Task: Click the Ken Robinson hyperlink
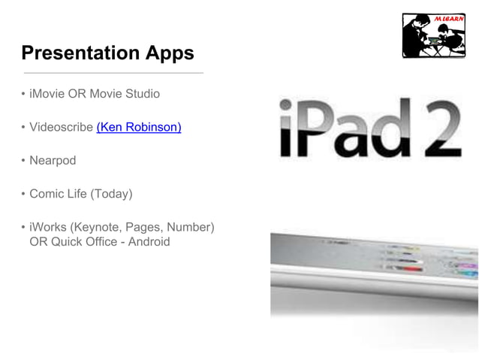(x=139, y=127)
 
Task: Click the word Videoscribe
(x=61, y=127)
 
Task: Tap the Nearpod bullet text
(x=53, y=160)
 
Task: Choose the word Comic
(x=47, y=194)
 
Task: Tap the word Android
(x=149, y=241)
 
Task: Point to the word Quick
(x=66, y=241)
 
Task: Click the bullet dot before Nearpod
(x=23, y=161)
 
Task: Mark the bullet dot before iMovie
(x=23, y=95)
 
